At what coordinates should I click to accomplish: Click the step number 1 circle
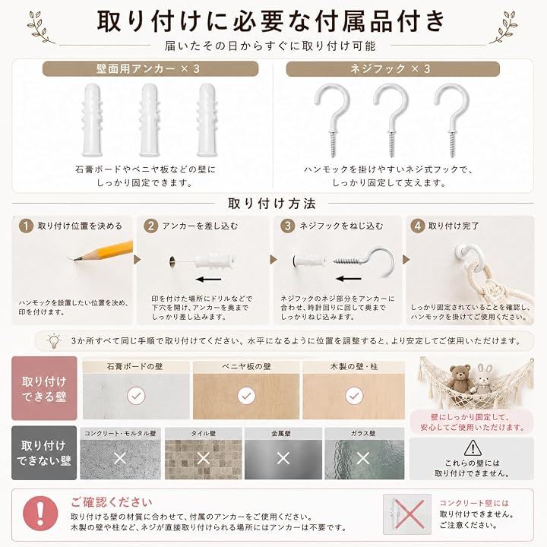pyautogui.click(x=26, y=226)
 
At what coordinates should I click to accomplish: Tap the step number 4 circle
pyautogui.click(x=417, y=226)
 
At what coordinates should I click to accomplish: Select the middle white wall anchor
pyautogui.click(x=149, y=120)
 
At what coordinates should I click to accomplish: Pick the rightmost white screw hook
pyautogui.click(x=452, y=119)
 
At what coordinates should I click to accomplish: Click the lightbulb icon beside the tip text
pyautogui.click(x=53, y=341)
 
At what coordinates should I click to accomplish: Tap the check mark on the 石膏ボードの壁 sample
pyautogui.click(x=136, y=396)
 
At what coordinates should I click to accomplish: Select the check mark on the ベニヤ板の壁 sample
pyautogui.click(x=246, y=396)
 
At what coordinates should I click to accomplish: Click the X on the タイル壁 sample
pyautogui.click(x=204, y=458)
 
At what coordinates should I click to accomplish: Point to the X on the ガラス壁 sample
pyautogui.click(x=363, y=458)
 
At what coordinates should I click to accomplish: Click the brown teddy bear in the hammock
pyautogui.click(x=460, y=379)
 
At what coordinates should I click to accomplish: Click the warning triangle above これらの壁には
pyautogui.click(x=473, y=448)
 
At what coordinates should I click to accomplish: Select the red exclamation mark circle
pyautogui.click(x=40, y=514)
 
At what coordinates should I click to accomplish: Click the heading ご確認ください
pyautogui.click(x=112, y=502)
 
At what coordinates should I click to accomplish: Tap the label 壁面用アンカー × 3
pyautogui.click(x=148, y=68)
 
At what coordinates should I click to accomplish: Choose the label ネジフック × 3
pyautogui.click(x=390, y=68)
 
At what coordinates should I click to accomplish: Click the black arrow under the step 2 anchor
pyautogui.click(x=209, y=280)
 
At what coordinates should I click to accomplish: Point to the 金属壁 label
pyautogui.click(x=281, y=434)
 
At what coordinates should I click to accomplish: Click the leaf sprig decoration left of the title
pyautogui.click(x=39, y=27)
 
